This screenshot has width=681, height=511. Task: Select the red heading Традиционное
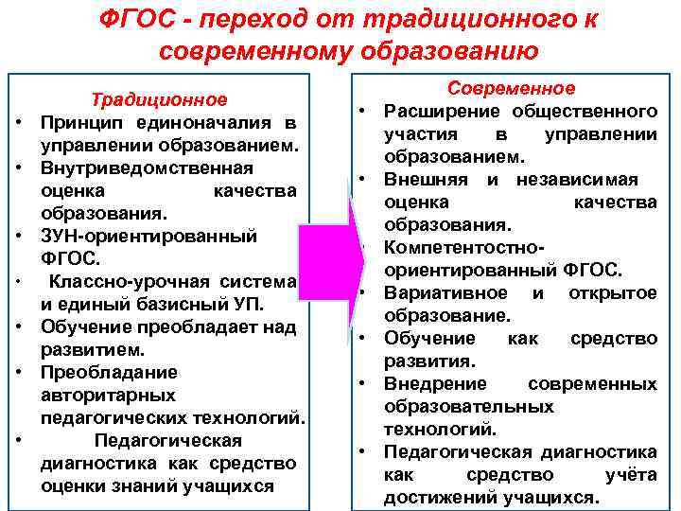point(159,100)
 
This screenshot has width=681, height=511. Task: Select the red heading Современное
point(511,88)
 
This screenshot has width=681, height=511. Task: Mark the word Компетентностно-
point(464,247)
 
